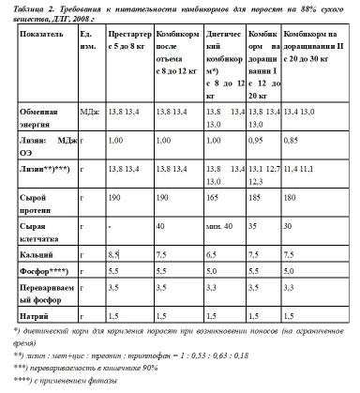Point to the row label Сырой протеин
point(38,204)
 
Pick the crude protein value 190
point(116,199)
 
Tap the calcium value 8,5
point(115,254)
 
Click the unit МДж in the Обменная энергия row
point(90,111)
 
